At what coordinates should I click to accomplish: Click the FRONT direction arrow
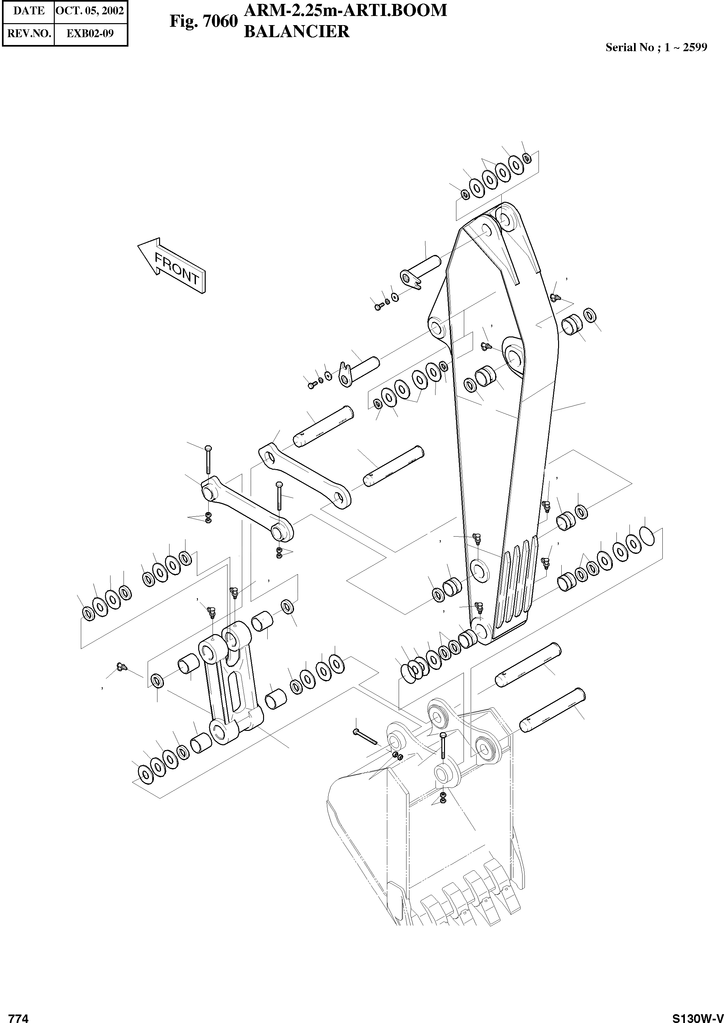click(172, 266)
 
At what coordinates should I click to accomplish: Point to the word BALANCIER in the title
click(296, 31)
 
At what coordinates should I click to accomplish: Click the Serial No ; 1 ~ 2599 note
click(656, 48)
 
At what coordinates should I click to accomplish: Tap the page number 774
click(19, 1015)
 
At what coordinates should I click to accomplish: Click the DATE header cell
click(29, 11)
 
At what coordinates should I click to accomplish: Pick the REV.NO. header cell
click(29, 34)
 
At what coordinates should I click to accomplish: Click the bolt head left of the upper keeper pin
click(379, 306)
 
